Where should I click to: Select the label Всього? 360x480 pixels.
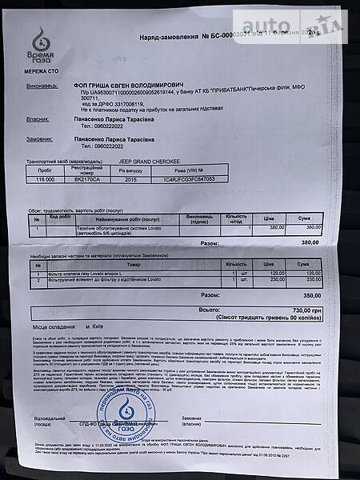(x=210, y=309)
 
